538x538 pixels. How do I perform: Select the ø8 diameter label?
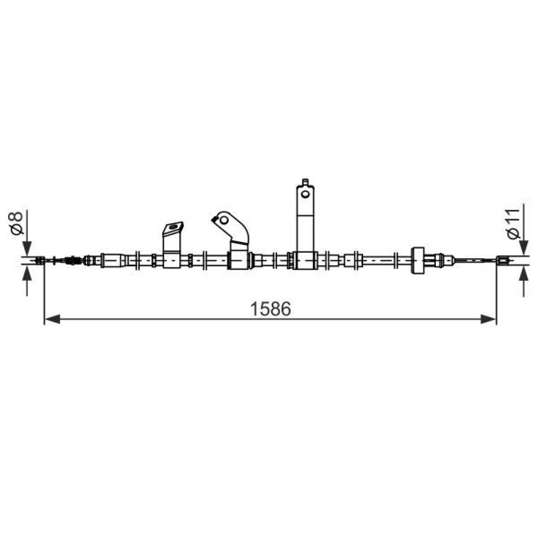click(16, 223)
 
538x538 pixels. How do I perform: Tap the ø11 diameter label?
click(514, 223)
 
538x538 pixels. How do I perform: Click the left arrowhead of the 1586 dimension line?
click(53, 319)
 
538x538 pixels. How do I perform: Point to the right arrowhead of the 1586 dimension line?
click(489, 319)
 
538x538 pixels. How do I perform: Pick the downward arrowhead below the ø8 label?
click(27, 249)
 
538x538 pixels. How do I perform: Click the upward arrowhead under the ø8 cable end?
click(27, 273)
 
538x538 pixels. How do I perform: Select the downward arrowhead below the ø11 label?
click(523, 247)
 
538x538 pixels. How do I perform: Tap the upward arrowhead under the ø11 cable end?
click(523, 274)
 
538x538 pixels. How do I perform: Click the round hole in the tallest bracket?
click(305, 194)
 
